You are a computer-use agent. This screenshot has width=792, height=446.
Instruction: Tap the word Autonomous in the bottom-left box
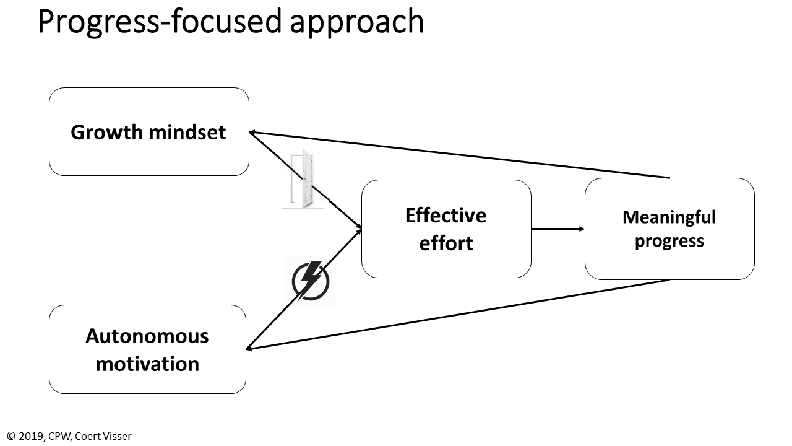147,336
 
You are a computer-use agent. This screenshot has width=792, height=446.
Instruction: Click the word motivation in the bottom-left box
147,364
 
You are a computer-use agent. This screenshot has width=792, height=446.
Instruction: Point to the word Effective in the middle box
445,216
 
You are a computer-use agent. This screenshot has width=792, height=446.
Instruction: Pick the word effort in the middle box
445,243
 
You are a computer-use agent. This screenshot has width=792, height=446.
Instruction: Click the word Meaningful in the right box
669,217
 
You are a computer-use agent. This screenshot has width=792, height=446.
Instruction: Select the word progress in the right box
669,240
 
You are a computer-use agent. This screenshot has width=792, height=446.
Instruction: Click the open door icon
303,179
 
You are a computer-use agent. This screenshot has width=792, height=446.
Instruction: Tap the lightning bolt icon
311,281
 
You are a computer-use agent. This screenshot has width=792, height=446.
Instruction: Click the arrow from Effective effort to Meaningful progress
557,229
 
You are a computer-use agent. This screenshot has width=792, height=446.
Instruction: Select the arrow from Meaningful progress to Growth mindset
458,154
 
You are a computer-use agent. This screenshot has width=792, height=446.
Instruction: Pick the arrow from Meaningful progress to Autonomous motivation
458,315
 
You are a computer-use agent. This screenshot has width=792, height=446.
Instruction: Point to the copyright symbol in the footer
11,436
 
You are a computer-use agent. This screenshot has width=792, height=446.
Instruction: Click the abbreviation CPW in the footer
60,436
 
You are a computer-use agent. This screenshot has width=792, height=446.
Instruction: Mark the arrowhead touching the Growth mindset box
253,132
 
